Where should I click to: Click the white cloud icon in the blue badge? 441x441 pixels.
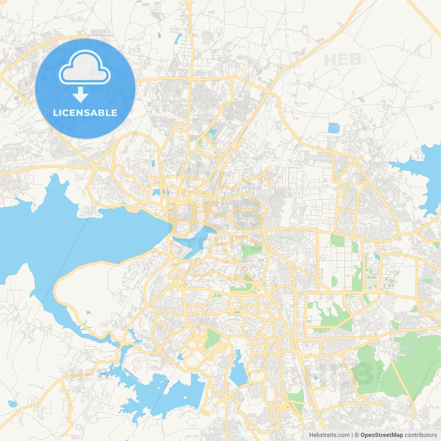[x=85, y=68]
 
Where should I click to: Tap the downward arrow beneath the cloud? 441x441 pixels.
[x=81, y=94]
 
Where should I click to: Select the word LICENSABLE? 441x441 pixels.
[x=85, y=113]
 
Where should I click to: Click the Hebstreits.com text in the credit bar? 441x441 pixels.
[x=329, y=435]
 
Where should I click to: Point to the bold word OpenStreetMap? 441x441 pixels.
[x=381, y=435]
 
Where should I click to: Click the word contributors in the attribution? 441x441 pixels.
[x=420, y=435]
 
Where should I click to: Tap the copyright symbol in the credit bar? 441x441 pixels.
[x=357, y=435]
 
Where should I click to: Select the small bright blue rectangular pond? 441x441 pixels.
[x=334, y=128]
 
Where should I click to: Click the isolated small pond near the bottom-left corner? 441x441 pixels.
[x=12, y=403]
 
